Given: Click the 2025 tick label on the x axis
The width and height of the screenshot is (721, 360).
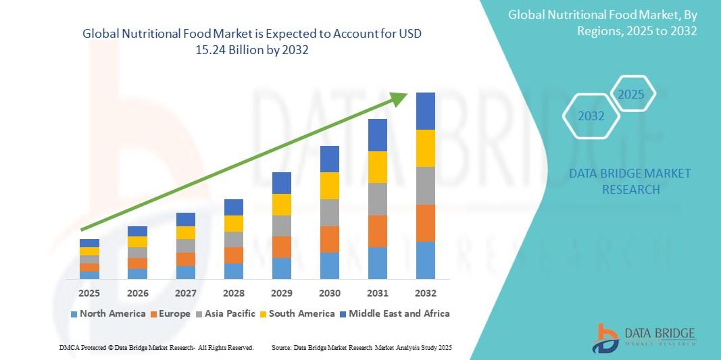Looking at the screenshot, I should point(89,293).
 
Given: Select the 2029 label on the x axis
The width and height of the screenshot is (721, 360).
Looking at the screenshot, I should point(282,293).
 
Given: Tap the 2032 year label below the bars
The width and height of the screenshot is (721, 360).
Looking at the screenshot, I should point(426,293).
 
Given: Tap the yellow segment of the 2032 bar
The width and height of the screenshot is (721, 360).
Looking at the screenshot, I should point(426,148).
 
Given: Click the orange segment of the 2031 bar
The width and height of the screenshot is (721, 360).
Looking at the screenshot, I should point(378,231).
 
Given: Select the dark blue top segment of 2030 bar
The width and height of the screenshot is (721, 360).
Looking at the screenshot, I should point(330,159).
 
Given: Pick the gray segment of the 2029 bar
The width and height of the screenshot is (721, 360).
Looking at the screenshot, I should point(282,226).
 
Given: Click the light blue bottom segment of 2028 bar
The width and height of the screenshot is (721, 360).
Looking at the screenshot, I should point(234,271).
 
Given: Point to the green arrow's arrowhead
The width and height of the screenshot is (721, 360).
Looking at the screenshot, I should point(399,99).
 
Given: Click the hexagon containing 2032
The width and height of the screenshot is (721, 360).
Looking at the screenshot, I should point(591,116).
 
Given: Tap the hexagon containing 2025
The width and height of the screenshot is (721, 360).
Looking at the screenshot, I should point(631,95).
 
